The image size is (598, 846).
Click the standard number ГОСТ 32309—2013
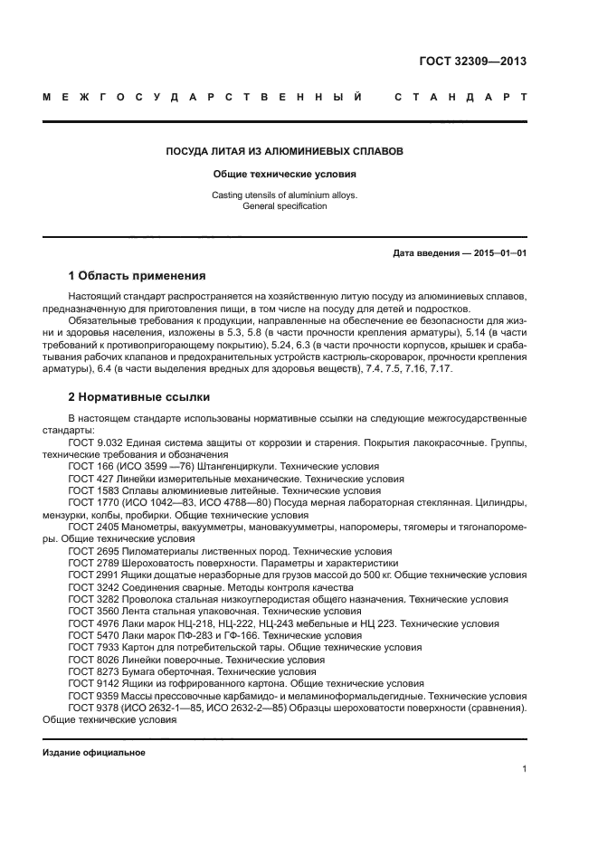[472, 62]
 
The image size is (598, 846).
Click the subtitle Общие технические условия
[284, 174]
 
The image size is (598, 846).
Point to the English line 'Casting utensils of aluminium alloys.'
[284, 195]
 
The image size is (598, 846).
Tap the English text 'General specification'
[284, 206]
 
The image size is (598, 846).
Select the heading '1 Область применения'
[138, 276]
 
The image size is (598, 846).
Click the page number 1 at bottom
[524, 769]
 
